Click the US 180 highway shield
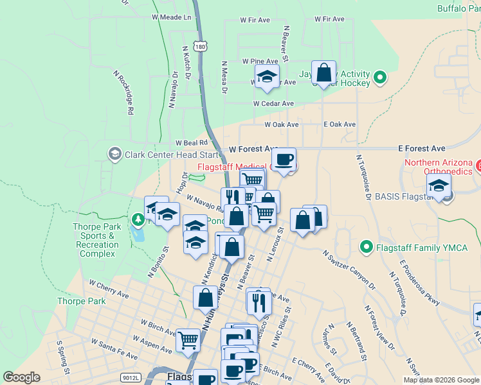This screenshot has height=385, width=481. pos(202,47)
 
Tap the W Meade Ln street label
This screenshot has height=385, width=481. pos(171,17)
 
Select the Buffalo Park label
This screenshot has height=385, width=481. pos(458,8)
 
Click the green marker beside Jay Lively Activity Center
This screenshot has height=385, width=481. pos(380,79)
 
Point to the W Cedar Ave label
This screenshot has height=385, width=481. pos(273,103)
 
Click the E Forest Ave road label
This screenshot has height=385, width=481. pos(421,148)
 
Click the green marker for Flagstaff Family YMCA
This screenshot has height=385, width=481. pos(367,246)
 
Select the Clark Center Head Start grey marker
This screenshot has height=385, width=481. pos(114,154)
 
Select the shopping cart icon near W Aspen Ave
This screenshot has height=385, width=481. pos(188,339)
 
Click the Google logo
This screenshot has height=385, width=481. pos(22,377)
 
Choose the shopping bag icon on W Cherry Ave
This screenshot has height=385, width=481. pos(206,297)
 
